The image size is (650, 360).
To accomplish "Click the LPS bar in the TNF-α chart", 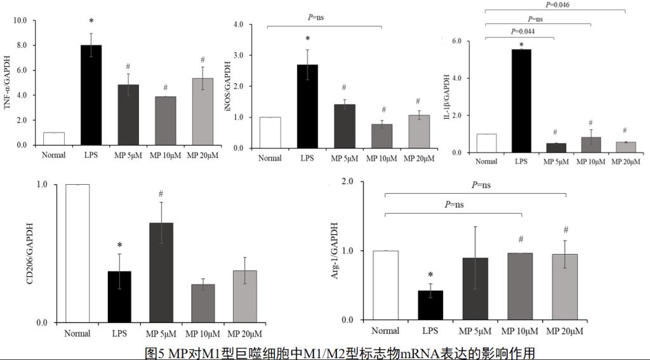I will (x=91, y=95).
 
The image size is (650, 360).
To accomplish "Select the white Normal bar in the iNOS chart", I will (x=270, y=133).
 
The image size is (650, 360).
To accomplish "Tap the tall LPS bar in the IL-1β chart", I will (x=521, y=101).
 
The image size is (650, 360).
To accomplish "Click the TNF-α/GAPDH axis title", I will (x=8, y=83).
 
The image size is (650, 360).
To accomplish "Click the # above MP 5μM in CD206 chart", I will (x=161, y=194).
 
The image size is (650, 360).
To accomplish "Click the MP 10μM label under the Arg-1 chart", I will (x=521, y=331).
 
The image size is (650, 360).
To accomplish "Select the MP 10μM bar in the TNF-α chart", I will (x=166, y=121).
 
